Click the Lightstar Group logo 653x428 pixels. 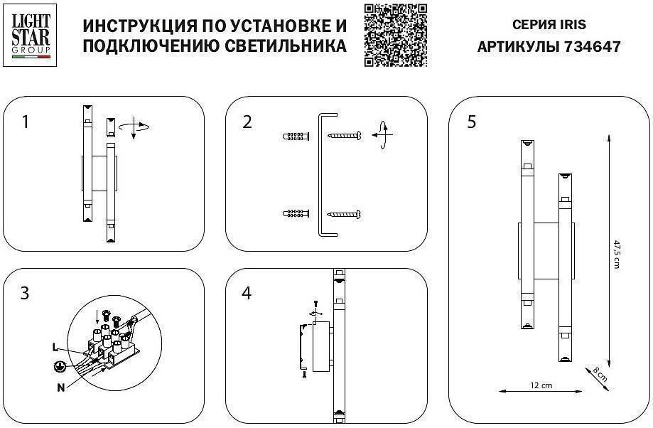point(31,33)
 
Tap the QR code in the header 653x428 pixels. point(396,35)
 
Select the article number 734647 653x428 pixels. point(592,47)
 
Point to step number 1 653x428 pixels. point(26,122)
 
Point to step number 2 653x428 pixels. point(247,122)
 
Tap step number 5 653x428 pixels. point(471,122)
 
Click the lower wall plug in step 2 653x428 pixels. point(296,213)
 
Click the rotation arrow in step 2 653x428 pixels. point(383,133)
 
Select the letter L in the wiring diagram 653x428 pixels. point(55,348)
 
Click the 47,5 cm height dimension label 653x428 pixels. point(617,255)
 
